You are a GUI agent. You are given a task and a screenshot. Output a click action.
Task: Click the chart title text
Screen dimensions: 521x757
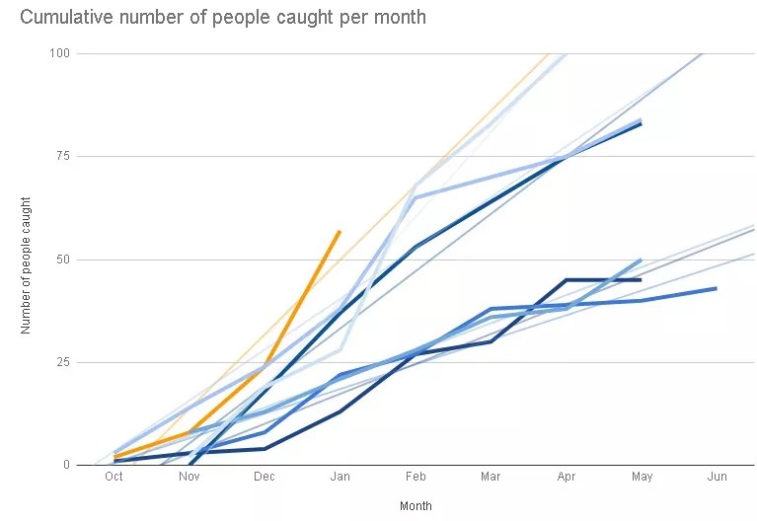(x=223, y=18)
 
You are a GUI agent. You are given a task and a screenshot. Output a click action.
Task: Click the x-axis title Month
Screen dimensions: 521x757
(x=416, y=506)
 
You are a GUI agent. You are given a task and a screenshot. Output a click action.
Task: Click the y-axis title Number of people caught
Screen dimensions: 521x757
(x=27, y=263)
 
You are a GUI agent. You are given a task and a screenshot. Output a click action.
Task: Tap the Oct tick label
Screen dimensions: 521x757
(x=114, y=477)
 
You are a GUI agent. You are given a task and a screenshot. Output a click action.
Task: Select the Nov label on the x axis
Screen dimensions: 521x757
(x=189, y=477)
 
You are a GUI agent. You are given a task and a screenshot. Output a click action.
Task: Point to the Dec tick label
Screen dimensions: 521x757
(x=265, y=477)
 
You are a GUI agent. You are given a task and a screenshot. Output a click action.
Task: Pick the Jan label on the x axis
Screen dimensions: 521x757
(x=340, y=477)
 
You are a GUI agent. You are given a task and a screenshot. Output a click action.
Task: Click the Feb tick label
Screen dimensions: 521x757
(x=416, y=477)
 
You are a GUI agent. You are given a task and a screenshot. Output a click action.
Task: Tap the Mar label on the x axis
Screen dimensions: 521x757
(x=491, y=477)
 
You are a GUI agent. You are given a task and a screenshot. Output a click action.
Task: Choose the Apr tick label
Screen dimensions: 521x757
(x=566, y=477)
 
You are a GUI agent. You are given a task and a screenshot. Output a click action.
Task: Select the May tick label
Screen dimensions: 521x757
(x=641, y=477)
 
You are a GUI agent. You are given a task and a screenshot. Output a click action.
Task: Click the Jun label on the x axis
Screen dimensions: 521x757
(x=717, y=477)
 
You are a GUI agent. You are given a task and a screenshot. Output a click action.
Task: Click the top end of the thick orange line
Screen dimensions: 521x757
(x=340, y=231)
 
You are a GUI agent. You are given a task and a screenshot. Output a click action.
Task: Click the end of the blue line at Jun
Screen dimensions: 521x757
(x=716, y=288)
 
